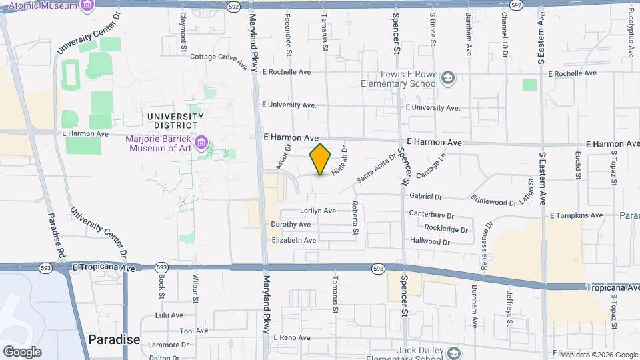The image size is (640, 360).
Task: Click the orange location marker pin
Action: pyautogui.click(x=321, y=159)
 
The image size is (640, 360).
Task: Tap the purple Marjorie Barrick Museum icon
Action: pyautogui.click(x=201, y=142)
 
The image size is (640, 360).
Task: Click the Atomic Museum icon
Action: pyautogui.click(x=87, y=6)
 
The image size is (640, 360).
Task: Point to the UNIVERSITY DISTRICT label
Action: pyautogui.click(x=173, y=121)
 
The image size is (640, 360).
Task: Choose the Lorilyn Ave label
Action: pyautogui.click(x=318, y=211)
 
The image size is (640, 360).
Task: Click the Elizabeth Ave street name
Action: pyautogui.click(x=294, y=240)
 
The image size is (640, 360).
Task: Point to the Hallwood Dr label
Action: pyautogui.click(x=430, y=241)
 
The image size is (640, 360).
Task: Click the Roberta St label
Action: pyautogui.click(x=355, y=218)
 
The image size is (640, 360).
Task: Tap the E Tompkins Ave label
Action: pyautogui.click(x=576, y=215)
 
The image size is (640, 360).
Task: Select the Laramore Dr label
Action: pyautogui.click(x=155, y=345)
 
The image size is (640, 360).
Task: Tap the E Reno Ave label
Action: pyautogui.click(x=293, y=338)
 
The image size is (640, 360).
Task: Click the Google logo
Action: pyautogui.click(x=22, y=351)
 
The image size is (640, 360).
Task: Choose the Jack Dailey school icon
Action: pyautogui.click(x=454, y=352)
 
